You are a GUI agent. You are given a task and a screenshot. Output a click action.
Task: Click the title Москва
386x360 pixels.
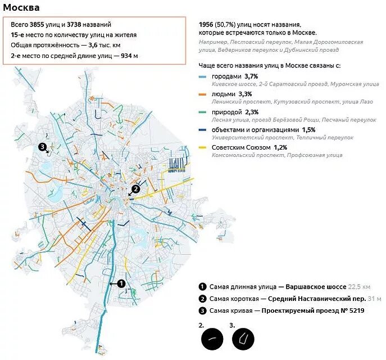(x=21, y=8)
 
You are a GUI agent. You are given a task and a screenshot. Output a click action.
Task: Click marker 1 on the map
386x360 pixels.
(x=121, y=284)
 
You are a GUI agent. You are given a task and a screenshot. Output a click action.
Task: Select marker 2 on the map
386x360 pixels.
(x=135, y=190)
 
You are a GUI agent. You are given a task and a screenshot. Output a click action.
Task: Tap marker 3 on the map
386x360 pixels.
(x=42, y=147)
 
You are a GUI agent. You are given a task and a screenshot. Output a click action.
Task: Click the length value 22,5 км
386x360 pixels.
(x=360, y=286)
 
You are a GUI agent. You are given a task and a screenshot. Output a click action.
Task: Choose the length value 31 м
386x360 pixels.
(x=374, y=298)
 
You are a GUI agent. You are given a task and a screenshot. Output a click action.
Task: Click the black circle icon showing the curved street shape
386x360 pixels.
(x=243, y=339)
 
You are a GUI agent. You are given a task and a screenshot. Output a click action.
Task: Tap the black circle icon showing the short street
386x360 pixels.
(x=212, y=339)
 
